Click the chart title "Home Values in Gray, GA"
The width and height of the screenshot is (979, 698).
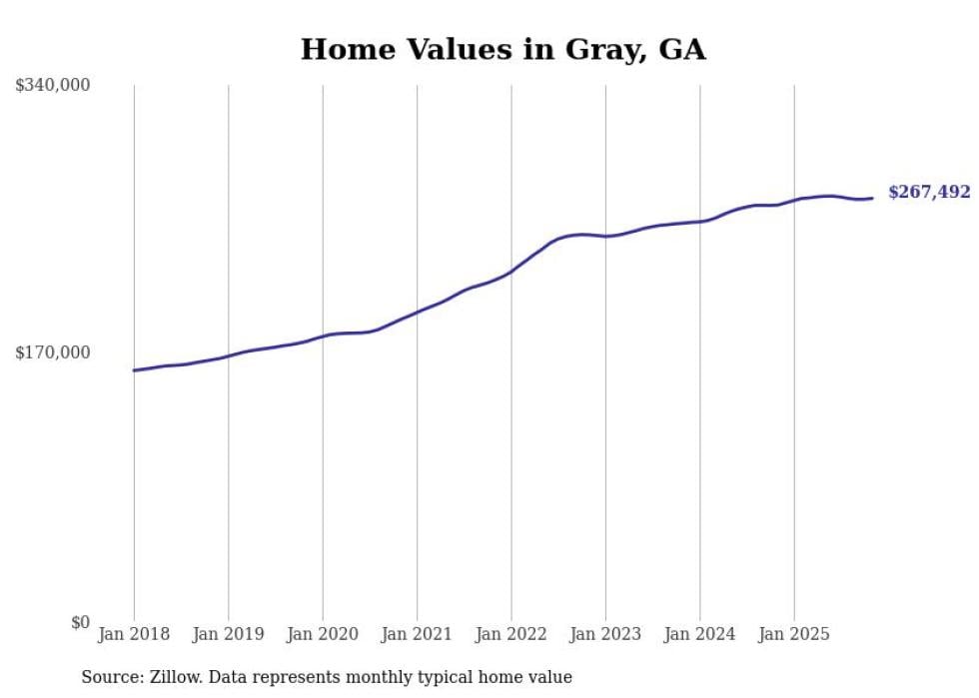(502, 49)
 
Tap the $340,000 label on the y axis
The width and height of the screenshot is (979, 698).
(53, 85)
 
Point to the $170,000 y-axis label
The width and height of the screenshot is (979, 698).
(53, 352)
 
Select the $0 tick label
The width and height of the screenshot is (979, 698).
(80, 622)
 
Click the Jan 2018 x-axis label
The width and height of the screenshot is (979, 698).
(134, 634)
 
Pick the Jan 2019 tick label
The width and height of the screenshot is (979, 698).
(228, 634)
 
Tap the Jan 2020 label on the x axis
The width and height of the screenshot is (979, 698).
(323, 634)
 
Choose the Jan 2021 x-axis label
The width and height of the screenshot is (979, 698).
(417, 634)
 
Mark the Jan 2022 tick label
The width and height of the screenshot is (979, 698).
(511, 634)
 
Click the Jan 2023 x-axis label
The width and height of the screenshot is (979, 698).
(605, 634)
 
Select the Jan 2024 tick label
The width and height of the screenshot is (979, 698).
(700, 634)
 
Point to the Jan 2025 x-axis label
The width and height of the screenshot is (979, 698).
(794, 634)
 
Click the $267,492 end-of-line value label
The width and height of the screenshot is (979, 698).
(928, 193)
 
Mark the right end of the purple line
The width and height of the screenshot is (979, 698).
(872, 198)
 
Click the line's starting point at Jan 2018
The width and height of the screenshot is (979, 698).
(134, 370)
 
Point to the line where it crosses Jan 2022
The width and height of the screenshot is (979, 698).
(511, 271)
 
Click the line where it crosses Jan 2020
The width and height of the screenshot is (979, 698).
(323, 336)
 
